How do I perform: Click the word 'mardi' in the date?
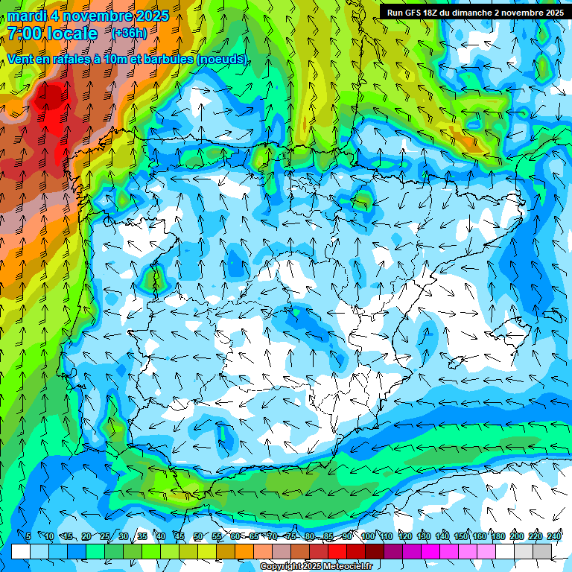coord(27,16)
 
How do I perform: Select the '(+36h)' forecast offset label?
coord(129,34)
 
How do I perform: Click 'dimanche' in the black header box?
coord(468,13)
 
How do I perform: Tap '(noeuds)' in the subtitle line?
coord(221,59)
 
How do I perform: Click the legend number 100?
coord(368,537)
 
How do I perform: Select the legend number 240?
coord(554,537)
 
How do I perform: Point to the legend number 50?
coord(198,537)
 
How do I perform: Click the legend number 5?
coord(28,537)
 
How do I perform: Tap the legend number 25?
coord(105,537)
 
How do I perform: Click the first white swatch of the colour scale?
coord(21,551)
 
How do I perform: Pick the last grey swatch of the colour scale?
coord(542,551)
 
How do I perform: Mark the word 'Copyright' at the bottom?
coord(280,567)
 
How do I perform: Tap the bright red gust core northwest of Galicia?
coord(51,97)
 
